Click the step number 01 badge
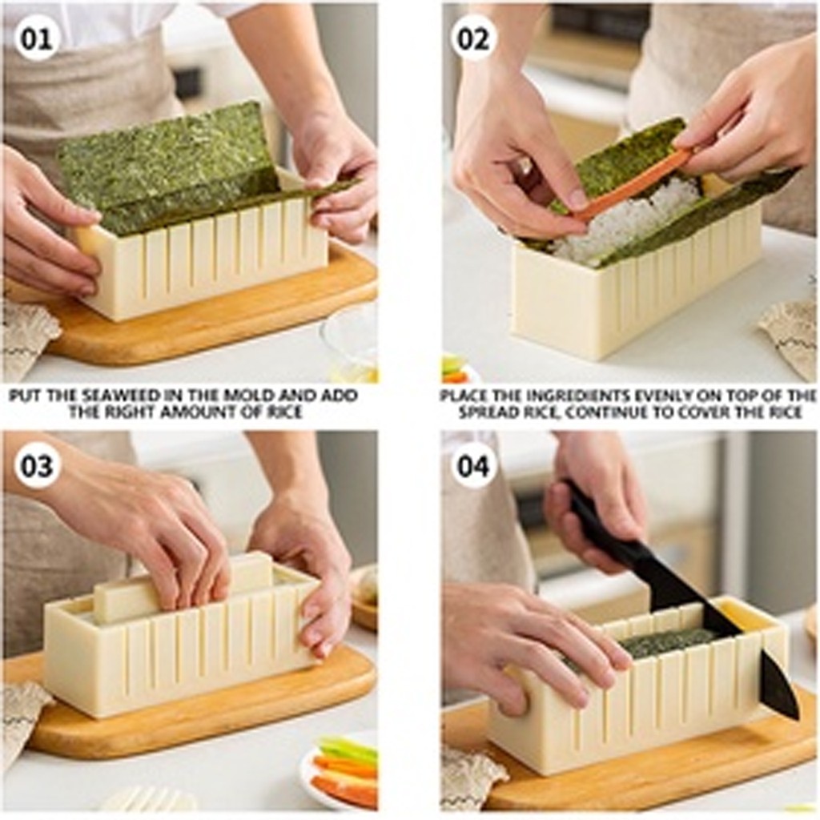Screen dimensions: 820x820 pyautogui.click(x=37, y=40)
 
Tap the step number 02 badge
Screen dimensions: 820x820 pyautogui.click(x=474, y=40)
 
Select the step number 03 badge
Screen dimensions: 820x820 pyautogui.click(x=37, y=466)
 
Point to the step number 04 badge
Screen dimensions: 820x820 pyautogui.click(x=474, y=466)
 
